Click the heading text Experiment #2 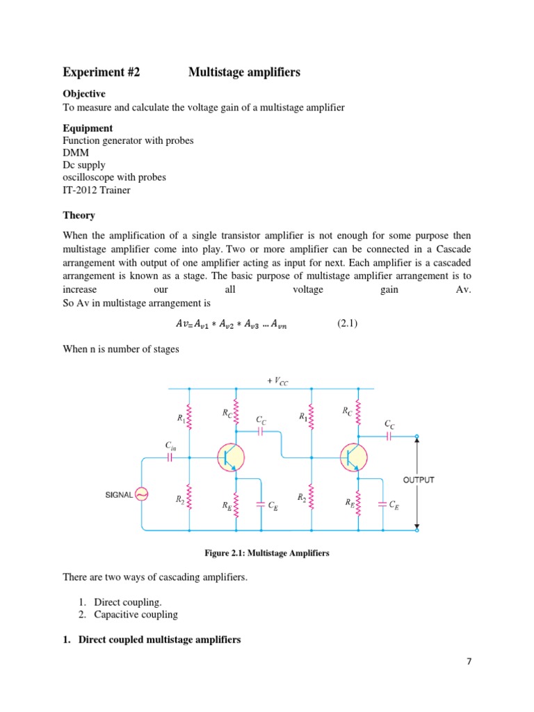click(x=102, y=72)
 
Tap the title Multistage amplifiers click(x=244, y=72)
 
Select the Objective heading click(x=84, y=93)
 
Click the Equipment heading click(x=88, y=128)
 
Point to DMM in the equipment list click(x=74, y=152)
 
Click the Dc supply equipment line click(x=84, y=165)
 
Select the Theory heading click(x=79, y=216)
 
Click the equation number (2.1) click(x=348, y=323)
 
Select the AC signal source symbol click(x=141, y=494)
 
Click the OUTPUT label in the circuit click(x=419, y=480)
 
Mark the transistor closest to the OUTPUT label click(x=352, y=458)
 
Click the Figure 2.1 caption click(x=266, y=553)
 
